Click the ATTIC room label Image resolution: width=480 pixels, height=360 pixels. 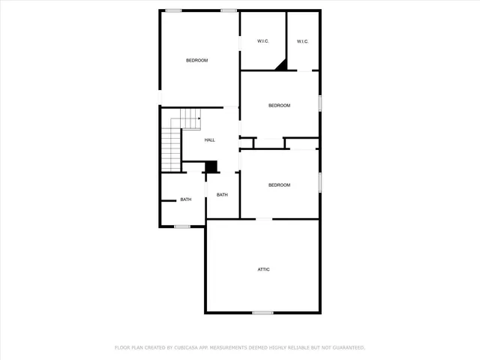coord(264,269)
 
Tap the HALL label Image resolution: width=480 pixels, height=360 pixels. coord(210,140)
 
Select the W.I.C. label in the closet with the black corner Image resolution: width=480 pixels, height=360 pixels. coord(263,41)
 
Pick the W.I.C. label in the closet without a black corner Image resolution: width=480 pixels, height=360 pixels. coord(302,41)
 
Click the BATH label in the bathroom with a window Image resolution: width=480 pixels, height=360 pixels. coord(185,199)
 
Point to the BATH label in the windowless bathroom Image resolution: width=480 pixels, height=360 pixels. coord(222,195)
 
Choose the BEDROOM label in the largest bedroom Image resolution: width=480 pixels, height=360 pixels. coord(197,60)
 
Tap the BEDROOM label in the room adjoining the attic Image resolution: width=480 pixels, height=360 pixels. coord(279,185)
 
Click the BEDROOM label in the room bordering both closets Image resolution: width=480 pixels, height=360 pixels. coord(279,106)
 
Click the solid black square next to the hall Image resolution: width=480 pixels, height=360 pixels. coord(211,166)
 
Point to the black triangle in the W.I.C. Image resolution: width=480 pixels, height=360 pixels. coord(282,66)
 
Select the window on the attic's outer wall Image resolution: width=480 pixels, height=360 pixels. coord(262,313)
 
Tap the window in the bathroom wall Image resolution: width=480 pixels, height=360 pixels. coord(182,226)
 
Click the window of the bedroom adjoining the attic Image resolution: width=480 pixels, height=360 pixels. coord(320,181)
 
